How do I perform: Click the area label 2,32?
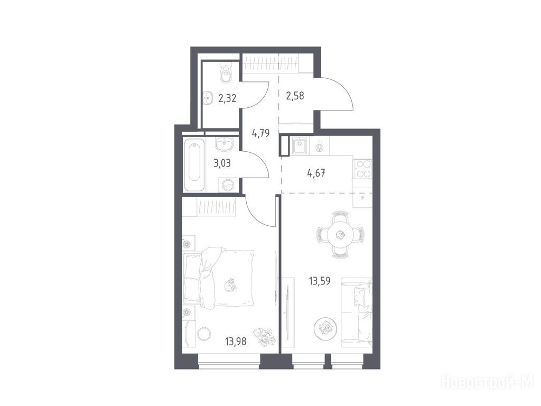pos(227,98)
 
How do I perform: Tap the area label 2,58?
pos(295,95)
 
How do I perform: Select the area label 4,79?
pos(260,133)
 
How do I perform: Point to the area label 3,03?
pos(222,163)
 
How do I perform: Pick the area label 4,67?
pos(316,173)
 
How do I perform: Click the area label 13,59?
pos(320,281)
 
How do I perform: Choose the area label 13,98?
pos(236,342)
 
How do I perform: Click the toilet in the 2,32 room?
pos(226,72)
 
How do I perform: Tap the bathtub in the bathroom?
pos(194,164)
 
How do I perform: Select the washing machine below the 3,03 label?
pos(228,185)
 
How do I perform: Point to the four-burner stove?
pos(363,169)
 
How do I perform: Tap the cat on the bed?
pos(229,285)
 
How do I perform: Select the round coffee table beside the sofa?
pos(325,328)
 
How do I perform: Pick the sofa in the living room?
pos(357,312)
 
